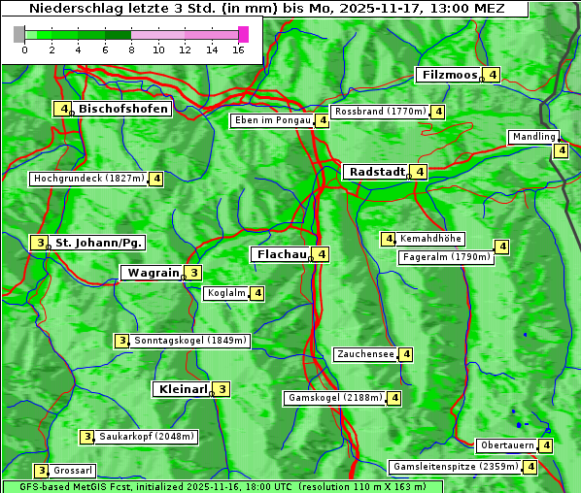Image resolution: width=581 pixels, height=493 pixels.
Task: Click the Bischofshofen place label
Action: [123, 109]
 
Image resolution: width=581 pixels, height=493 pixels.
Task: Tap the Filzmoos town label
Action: [449, 75]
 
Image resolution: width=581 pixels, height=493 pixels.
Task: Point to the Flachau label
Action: [281, 254]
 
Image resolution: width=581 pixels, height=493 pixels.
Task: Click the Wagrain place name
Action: [154, 273]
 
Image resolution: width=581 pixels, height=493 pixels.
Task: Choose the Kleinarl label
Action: [183, 389]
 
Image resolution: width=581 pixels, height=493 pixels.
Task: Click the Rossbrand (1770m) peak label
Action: [380, 112]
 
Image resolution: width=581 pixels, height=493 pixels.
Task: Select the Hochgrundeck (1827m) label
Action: [88, 179]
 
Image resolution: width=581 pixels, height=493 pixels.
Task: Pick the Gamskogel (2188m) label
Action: [335, 398]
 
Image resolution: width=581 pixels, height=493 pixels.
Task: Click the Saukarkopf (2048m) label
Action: [147, 437]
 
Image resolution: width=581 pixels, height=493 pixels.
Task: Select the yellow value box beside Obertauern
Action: [546, 445]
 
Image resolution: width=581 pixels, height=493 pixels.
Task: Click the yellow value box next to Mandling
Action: [561, 150]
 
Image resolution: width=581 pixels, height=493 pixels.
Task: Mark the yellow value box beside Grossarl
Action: [41, 470]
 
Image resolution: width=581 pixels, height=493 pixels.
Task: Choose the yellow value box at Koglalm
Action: [256, 293]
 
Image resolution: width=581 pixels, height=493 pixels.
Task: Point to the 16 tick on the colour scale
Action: [238, 49]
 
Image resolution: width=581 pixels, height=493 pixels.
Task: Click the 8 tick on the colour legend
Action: [131, 49]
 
